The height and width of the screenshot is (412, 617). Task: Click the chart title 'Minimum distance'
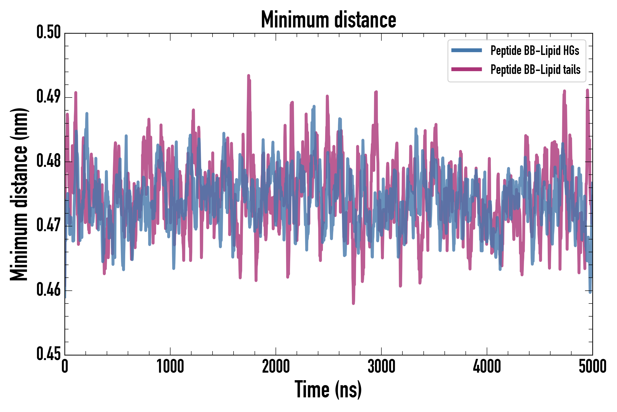(x=328, y=20)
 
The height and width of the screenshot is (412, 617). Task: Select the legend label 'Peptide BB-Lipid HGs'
(x=535, y=50)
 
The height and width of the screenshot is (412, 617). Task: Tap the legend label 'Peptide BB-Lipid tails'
(x=535, y=70)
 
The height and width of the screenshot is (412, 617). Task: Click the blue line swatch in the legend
(x=466, y=50)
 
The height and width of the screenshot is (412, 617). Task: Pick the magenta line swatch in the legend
(x=466, y=69)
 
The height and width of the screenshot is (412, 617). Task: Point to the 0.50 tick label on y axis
(x=48, y=32)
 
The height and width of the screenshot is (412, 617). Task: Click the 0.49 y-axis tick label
(x=48, y=97)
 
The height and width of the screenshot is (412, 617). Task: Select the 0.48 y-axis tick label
(x=48, y=161)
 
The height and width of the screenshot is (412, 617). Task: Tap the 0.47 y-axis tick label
(x=48, y=225)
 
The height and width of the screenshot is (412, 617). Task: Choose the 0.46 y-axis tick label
(x=48, y=290)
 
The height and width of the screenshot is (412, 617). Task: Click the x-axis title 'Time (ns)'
(x=328, y=390)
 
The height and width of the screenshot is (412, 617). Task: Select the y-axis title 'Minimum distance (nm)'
(x=19, y=194)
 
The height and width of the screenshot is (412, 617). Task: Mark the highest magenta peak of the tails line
(x=248, y=76)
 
